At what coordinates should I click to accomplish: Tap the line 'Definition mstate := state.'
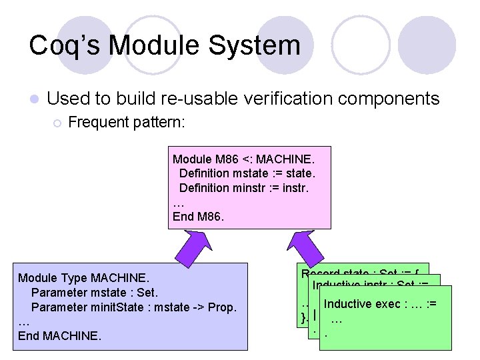(x=247, y=173)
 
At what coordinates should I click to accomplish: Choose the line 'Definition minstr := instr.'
(x=244, y=187)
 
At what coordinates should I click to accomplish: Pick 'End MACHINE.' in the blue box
(x=60, y=335)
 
